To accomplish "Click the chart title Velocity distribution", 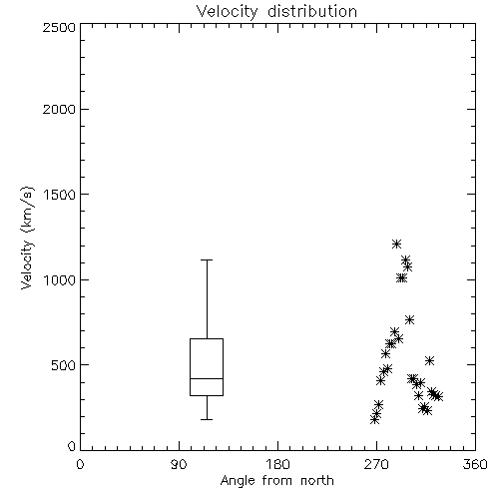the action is pos(276,11).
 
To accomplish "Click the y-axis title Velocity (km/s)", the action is pos(27,238).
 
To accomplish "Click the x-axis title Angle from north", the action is pos(276,481).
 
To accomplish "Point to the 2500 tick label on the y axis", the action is pos(59,27).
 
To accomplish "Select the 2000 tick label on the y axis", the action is pos(59,109).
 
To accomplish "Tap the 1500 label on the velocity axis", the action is pos(60,195).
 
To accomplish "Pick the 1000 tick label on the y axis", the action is pos(60,279).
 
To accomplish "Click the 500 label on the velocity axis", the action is pos(64,365).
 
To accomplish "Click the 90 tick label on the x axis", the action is pos(179,464).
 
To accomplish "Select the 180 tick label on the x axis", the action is pos(276,464).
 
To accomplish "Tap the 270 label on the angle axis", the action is pos(376,464).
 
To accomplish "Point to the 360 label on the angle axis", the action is pos(475,464).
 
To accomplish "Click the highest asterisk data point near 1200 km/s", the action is pos(396,245).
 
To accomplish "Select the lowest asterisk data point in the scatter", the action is pos(375,420).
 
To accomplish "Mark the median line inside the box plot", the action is pos(207,378).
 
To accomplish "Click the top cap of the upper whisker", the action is pos(207,259).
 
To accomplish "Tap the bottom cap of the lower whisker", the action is pos(207,419).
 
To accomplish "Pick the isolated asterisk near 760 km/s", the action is pos(409,320).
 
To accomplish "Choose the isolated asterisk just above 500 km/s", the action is pos(429,360).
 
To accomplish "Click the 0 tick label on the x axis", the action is pos(80,464).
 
